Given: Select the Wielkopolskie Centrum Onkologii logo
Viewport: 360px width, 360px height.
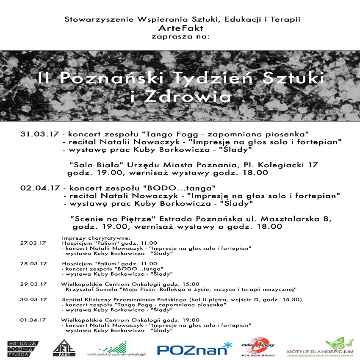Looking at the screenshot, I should click(x=116, y=349).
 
